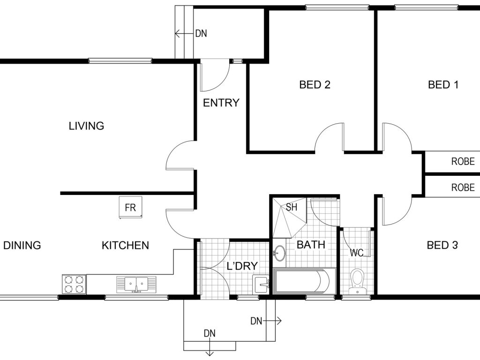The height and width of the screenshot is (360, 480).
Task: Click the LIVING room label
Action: coord(86,126)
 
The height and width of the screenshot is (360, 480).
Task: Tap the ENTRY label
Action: coord(221,103)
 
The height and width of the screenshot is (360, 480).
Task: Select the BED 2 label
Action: coord(315,84)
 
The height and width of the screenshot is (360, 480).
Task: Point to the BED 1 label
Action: coord(443,84)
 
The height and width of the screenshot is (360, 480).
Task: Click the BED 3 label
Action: coord(442,245)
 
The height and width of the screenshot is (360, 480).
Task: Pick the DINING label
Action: coord(22,245)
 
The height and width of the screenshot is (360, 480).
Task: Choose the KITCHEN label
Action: coord(125,245)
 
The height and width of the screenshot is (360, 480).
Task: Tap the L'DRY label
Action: coord(242,266)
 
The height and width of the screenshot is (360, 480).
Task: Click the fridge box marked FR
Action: coord(131,207)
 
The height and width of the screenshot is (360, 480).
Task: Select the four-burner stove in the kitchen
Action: coord(74,284)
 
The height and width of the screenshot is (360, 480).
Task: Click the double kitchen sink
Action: coord(136,285)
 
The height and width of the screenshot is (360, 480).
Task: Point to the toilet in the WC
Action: coord(357,282)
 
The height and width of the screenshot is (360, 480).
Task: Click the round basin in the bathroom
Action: coord(279,253)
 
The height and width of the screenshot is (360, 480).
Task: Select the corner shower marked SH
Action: coord(289,217)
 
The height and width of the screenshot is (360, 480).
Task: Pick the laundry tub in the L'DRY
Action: coord(261,285)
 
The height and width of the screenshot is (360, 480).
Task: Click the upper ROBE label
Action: coord(463,161)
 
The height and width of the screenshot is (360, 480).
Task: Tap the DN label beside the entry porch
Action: coord(201,33)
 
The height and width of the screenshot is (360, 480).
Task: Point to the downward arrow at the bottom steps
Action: coord(210,349)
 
